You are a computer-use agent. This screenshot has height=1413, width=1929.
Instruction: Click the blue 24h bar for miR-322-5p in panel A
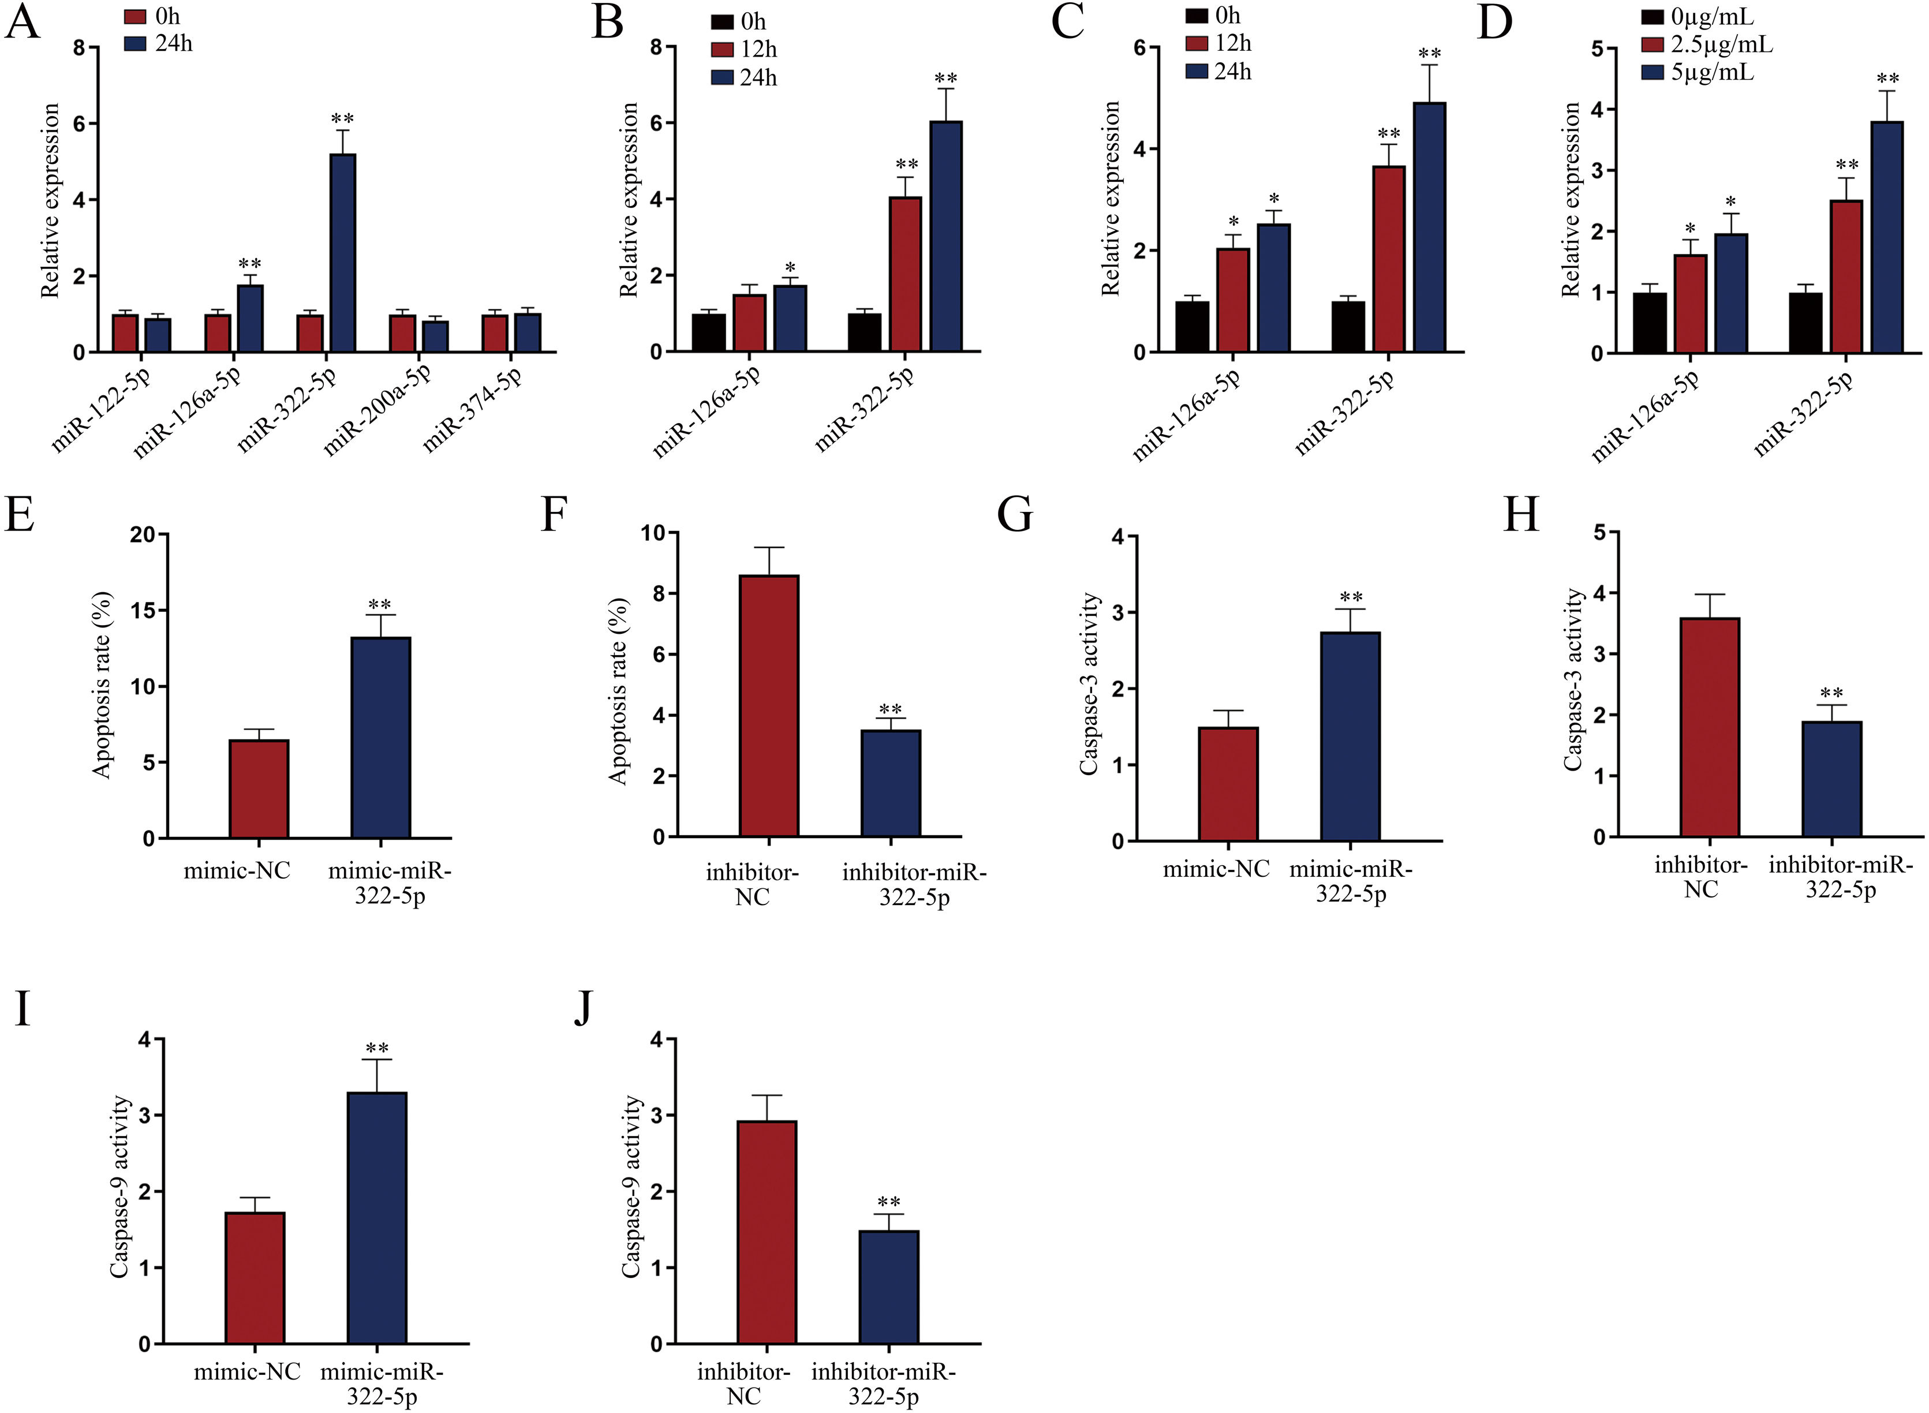(342, 253)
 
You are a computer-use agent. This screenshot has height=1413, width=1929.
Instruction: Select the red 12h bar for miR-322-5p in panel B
(905, 274)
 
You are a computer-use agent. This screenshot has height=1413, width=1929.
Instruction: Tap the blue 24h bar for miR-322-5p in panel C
(1429, 227)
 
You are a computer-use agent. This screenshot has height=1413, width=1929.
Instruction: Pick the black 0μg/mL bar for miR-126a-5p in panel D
(1649, 323)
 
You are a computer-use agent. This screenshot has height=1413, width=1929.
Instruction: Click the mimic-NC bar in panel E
(259, 788)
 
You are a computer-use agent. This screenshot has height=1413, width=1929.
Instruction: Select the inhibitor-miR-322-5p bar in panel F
(891, 783)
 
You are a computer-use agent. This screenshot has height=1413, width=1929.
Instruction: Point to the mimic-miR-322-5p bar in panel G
(1350, 735)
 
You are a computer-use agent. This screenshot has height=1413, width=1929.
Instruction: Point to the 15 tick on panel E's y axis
(144, 611)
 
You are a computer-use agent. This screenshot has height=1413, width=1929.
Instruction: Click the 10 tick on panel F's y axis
(653, 534)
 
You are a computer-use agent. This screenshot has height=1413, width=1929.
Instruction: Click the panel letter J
(582, 1010)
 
